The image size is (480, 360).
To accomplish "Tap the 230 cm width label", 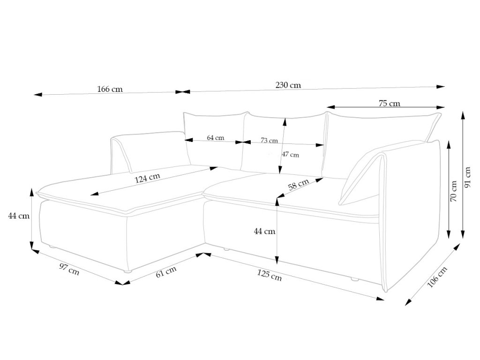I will pos(288,85).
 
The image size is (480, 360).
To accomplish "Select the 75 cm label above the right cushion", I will pos(389,104).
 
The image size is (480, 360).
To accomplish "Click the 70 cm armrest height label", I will pos(454,191).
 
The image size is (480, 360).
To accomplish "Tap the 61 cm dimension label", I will pos(166,271).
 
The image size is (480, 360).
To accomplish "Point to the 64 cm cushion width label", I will pos(215,138).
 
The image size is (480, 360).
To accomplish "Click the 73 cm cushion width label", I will pos(269,140).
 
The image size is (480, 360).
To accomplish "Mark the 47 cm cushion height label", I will pos(290,154).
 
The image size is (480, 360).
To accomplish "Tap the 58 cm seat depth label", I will pos(299,185).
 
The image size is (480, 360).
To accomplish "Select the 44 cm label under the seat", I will pos(264,231).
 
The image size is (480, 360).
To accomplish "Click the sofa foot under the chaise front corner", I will pos(127,271).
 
